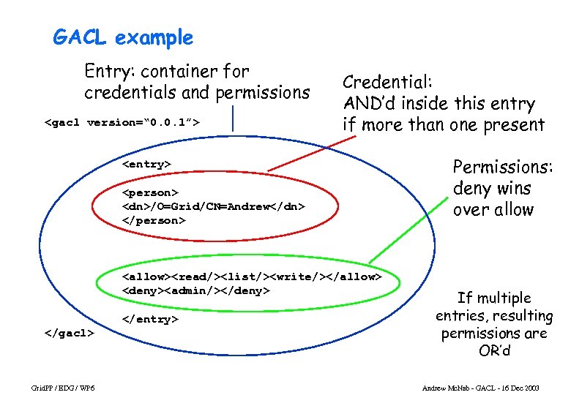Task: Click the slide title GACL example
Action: (x=123, y=37)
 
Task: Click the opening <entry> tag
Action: (x=146, y=164)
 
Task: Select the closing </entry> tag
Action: (x=149, y=319)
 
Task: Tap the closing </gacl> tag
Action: (x=70, y=332)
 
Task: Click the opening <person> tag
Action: (x=149, y=192)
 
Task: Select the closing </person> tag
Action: (x=154, y=220)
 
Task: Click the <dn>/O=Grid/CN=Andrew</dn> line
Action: (x=212, y=206)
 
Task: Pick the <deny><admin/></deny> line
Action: (x=196, y=290)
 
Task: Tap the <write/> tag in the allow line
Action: (x=302, y=276)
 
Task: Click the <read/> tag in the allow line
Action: (x=195, y=276)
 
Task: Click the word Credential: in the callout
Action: (x=388, y=82)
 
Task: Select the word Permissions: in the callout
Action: (x=502, y=167)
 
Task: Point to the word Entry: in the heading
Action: (x=109, y=72)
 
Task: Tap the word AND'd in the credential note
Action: (x=370, y=104)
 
